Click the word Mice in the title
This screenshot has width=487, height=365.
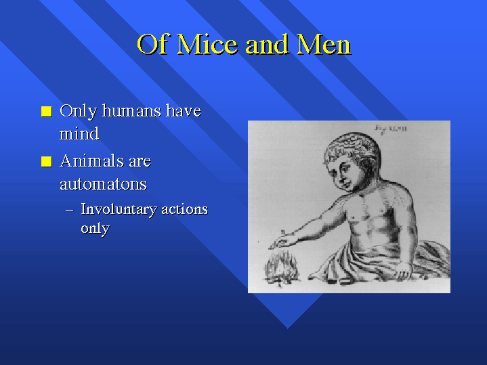pyautogui.click(x=207, y=44)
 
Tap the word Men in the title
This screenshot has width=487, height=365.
pyautogui.click(x=324, y=44)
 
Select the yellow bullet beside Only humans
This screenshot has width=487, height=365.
pyautogui.click(x=47, y=111)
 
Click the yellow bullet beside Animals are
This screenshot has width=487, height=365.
pyautogui.click(x=47, y=162)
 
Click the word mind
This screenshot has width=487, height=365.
pyautogui.click(x=79, y=133)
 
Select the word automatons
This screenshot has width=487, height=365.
pyautogui.click(x=103, y=184)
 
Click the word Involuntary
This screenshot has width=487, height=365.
pyautogui.click(x=119, y=210)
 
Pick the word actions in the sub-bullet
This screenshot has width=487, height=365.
pyautogui.click(x=184, y=209)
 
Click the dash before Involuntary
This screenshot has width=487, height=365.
pyautogui.click(x=70, y=211)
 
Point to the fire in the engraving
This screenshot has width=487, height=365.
pyautogui.click(x=281, y=269)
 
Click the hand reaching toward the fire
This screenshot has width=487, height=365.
pyautogui.click(x=282, y=241)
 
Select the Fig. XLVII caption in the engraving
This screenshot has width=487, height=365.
pyautogui.click(x=391, y=129)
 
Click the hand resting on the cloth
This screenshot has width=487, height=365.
pyautogui.click(x=402, y=272)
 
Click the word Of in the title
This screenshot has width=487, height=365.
pyautogui.click(x=154, y=44)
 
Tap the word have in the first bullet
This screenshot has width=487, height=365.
pyautogui.click(x=184, y=111)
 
